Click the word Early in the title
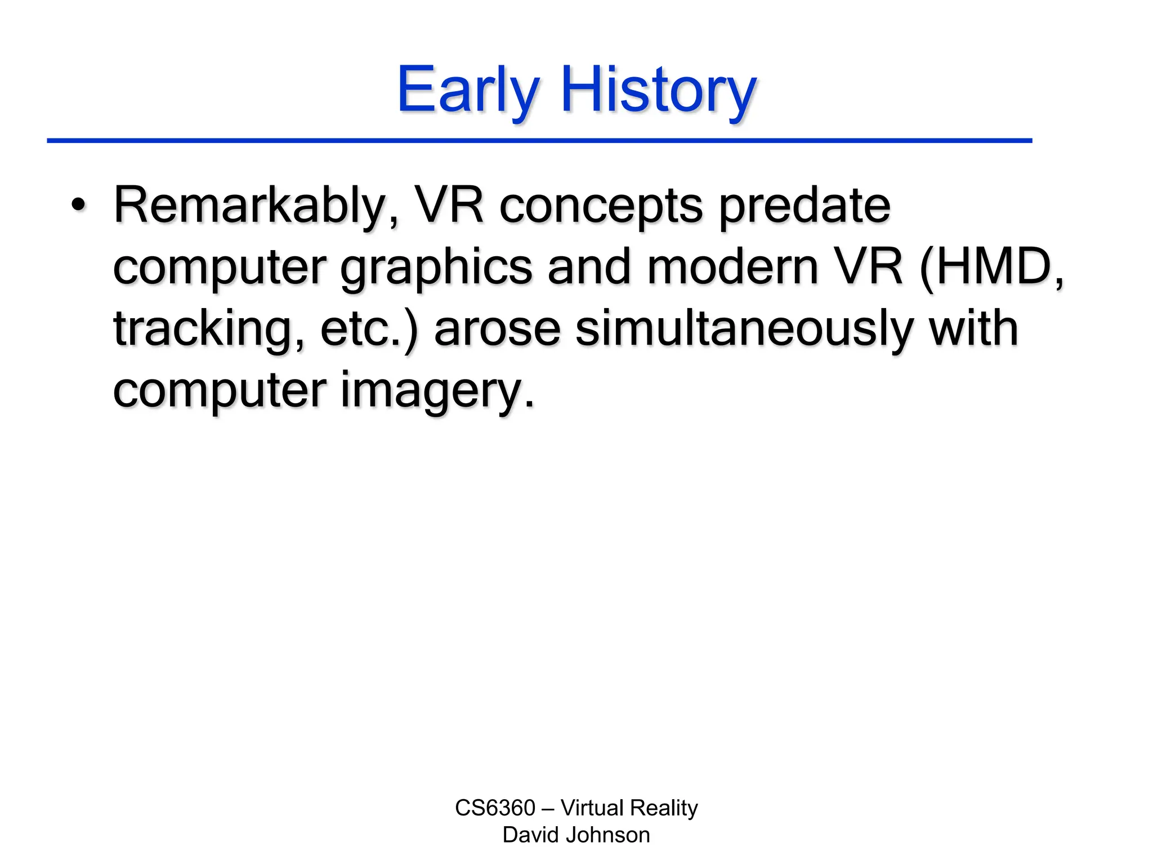(x=468, y=90)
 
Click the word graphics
(x=436, y=268)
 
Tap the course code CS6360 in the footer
(x=495, y=808)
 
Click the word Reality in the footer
(x=664, y=808)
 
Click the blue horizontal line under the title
(x=539, y=140)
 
